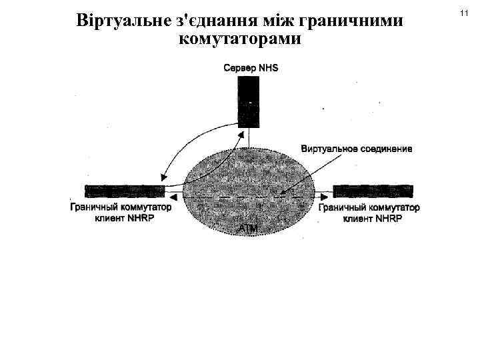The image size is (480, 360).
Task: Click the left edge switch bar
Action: [x=125, y=191]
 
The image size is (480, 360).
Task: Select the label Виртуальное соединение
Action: [x=357, y=148]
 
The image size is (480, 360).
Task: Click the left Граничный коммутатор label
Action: [x=121, y=207]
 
